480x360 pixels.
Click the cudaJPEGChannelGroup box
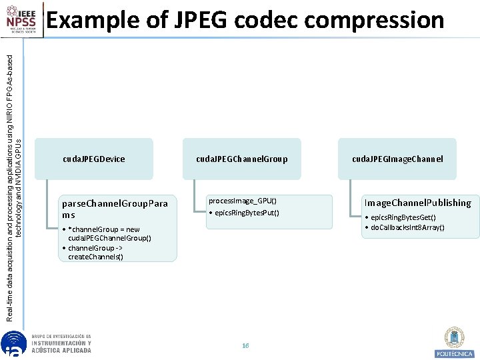click(241, 159)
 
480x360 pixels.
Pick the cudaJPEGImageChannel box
click(397, 159)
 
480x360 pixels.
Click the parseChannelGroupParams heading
click(114, 208)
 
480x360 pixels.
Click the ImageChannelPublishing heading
click(417, 203)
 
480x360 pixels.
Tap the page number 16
click(245, 346)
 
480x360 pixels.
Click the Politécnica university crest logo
click(455, 341)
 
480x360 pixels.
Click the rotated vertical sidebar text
click(19, 180)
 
